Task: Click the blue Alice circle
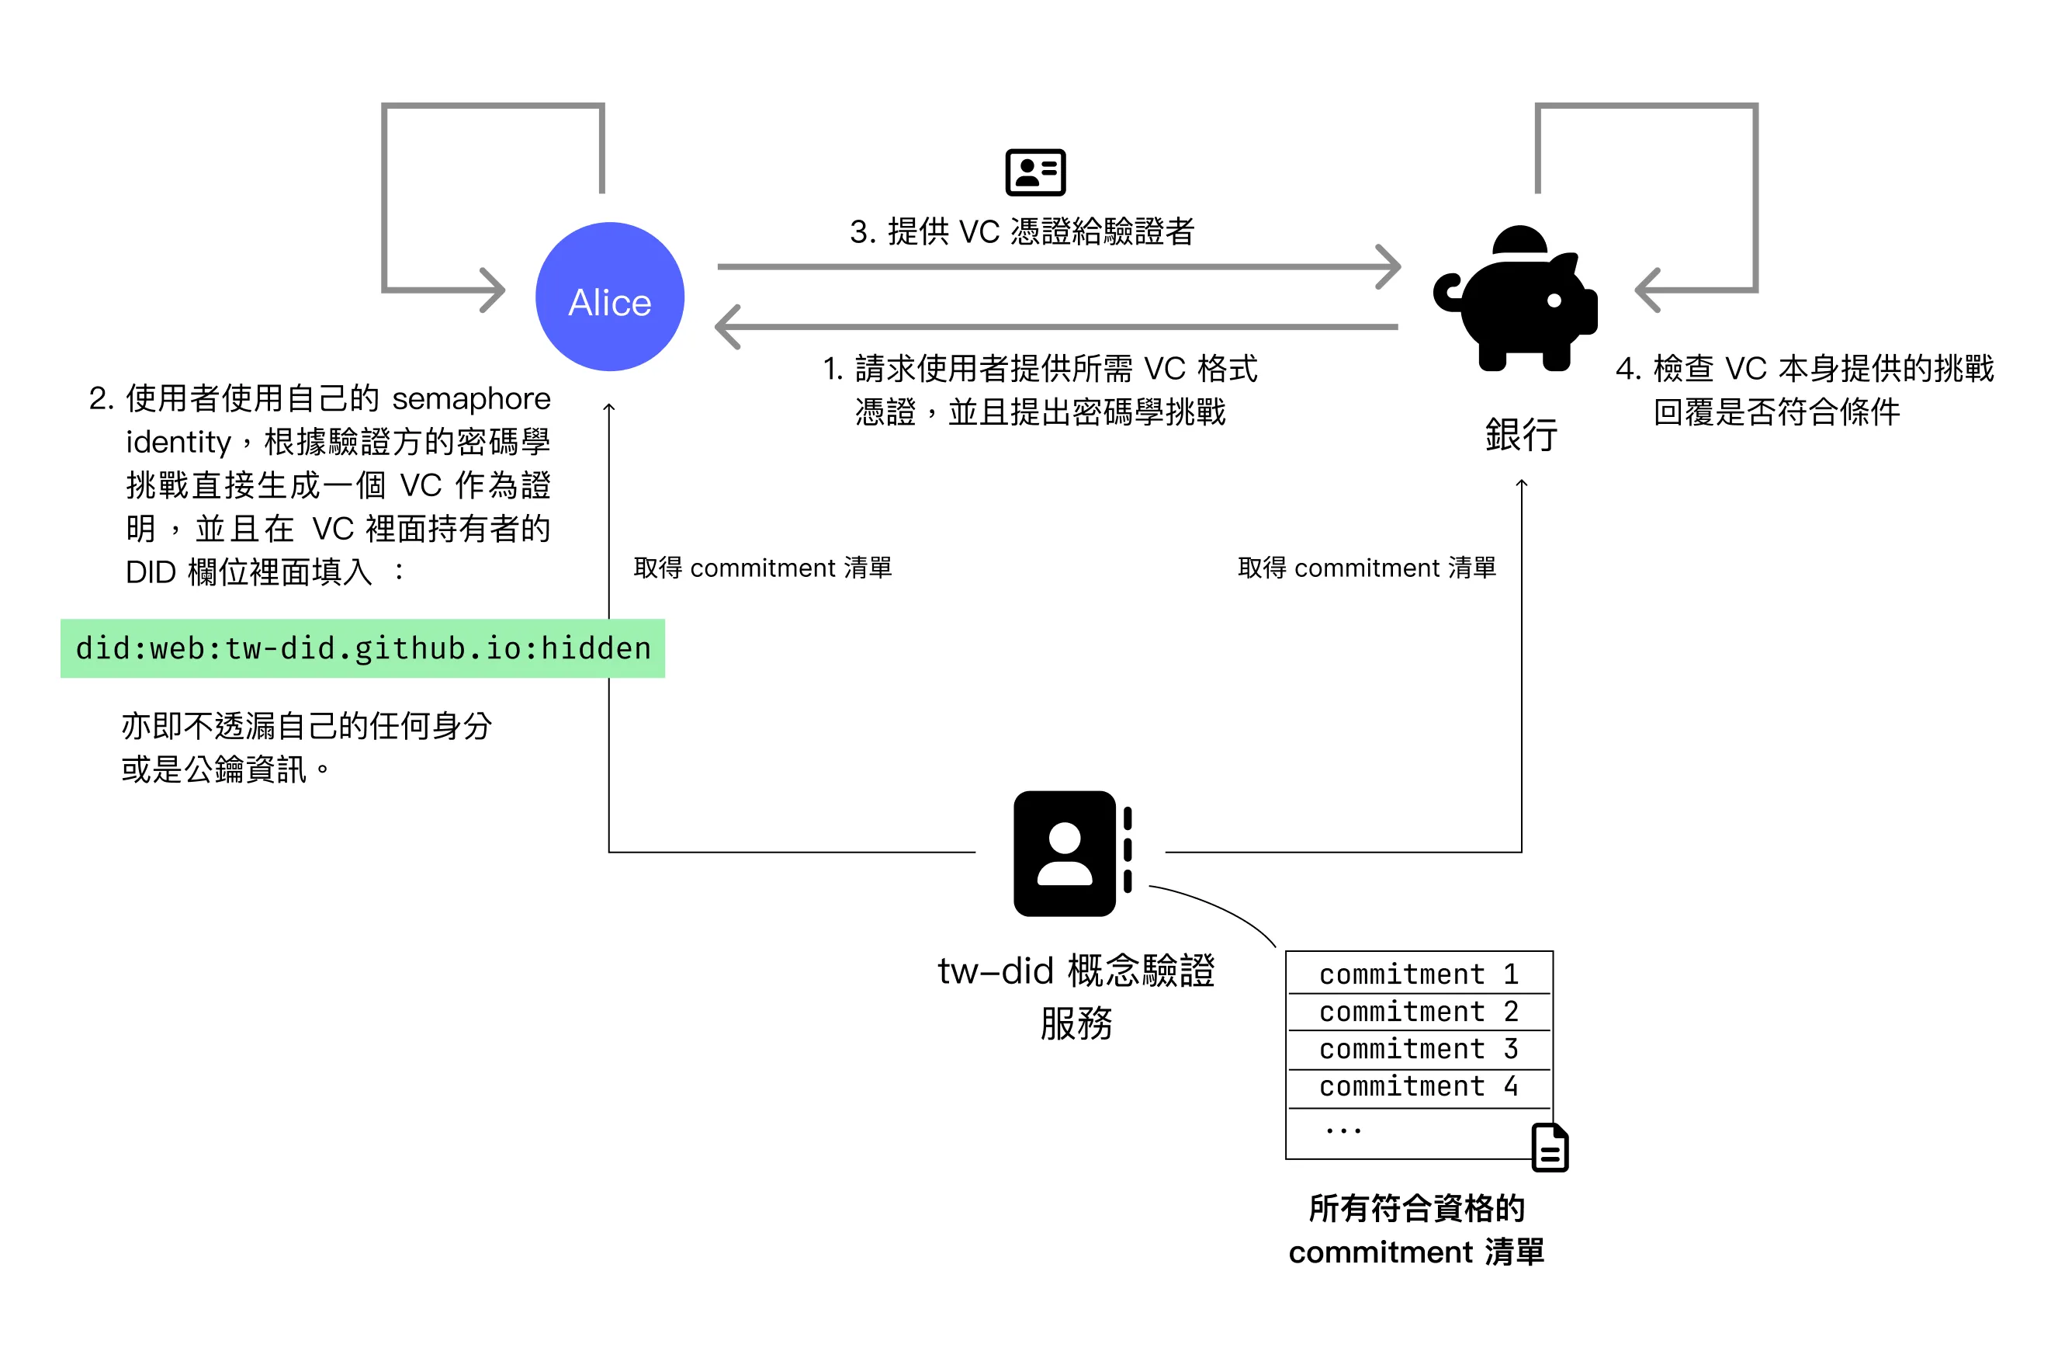[x=610, y=297]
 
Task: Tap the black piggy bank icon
[x=1515, y=298]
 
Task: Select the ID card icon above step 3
[x=1035, y=172]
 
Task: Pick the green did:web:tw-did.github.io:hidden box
[x=362, y=648]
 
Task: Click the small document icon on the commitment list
[x=1550, y=1147]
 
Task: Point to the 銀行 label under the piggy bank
[x=1521, y=434]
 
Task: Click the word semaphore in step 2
[x=471, y=399]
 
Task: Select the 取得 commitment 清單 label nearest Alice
[x=763, y=568]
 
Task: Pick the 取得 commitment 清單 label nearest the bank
[x=1367, y=568]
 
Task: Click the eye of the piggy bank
[x=1554, y=300]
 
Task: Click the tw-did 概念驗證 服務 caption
[x=1076, y=996]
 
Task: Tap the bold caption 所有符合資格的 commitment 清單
[x=1416, y=1230]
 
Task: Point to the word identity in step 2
[x=179, y=443]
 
